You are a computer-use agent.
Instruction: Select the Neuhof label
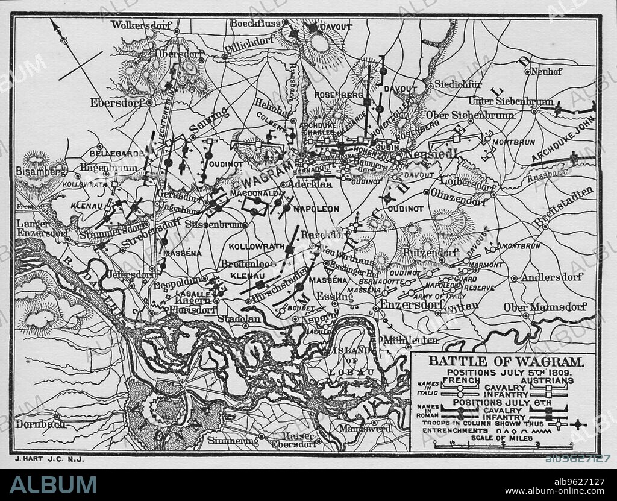click(548, 71)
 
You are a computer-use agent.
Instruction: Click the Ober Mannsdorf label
click(545, 307)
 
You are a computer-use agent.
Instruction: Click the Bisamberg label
click(41, 171)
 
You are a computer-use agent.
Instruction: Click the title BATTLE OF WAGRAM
click(506, 362)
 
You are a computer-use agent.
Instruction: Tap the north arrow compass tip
click(52, 22)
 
